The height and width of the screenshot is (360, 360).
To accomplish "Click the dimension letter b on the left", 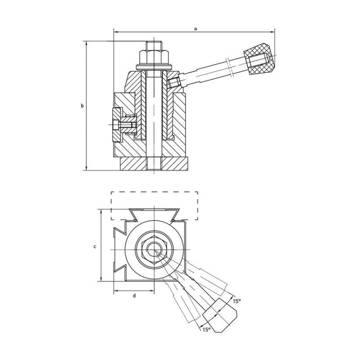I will [x=82, y=106].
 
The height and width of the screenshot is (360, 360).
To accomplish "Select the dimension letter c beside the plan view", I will [x=94, y=246].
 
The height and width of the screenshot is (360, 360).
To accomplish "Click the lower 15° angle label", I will [x=206, y=330].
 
